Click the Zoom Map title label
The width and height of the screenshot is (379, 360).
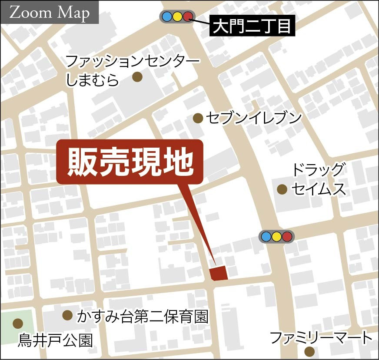coord(50,13)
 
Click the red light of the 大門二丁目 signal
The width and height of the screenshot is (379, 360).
coord(187,17)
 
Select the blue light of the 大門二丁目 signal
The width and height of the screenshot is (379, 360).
coord(166,17)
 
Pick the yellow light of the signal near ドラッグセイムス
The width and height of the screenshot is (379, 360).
coord(276,237)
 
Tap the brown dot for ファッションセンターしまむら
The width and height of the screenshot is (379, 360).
coord(137,77)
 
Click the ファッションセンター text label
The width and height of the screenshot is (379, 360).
coord(133,61)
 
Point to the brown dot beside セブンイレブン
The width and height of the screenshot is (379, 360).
coord(198,118)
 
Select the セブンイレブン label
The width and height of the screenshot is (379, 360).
coord(254,118)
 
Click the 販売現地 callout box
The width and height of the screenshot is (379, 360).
coord(130,161)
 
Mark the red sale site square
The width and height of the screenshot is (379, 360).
coord(218,273)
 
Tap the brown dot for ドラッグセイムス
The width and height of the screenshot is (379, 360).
coord(282,189)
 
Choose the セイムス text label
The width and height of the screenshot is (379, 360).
coord(319,189)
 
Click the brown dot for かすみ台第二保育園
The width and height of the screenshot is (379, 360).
coord(67,315)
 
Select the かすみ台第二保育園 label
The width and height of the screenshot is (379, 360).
coord(143,317)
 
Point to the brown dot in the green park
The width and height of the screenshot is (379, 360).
coord(18,323)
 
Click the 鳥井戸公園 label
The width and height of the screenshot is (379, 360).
coord(55,340)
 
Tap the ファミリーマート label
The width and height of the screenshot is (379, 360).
coord(321,337)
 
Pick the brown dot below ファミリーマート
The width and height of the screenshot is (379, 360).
coord(309,351)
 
